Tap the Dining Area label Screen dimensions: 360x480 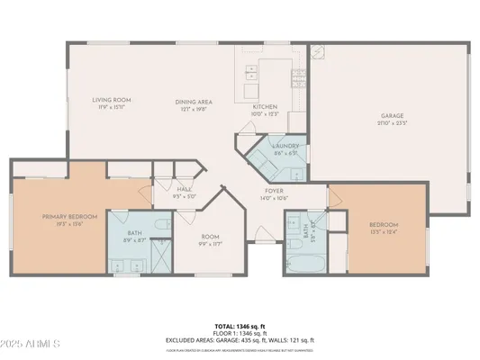coord(193,102)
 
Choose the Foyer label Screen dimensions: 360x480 coord(273,191)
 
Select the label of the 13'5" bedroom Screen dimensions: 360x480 coord(384,225)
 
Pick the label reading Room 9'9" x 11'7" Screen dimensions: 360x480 coord(210,237)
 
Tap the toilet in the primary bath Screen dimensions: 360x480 coord(160,224)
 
